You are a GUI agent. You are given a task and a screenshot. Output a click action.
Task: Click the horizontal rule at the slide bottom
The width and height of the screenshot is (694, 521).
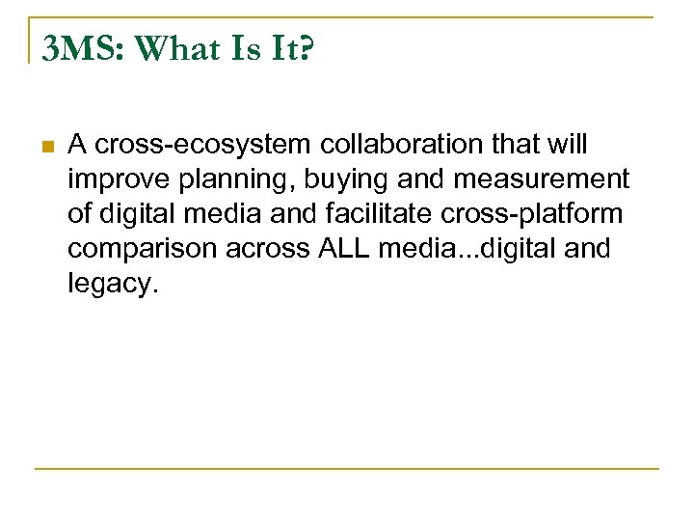(347, 469)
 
